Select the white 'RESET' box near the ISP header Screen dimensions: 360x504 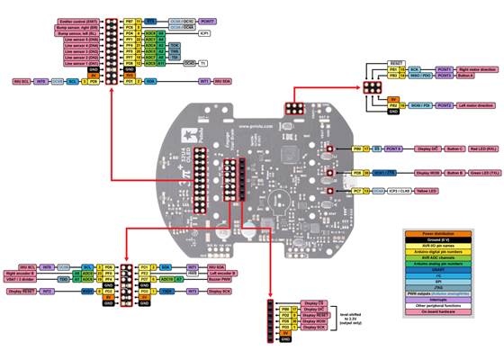pyautogui.click(x=394, y=61)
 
